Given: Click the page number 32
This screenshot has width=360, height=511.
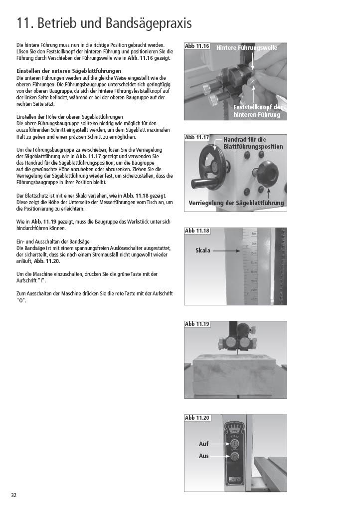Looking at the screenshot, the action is click(x=13, y=495).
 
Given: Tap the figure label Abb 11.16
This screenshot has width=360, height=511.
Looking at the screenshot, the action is click(x=197, y=46).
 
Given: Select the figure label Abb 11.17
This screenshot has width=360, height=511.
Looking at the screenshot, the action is click(x=197, y=137).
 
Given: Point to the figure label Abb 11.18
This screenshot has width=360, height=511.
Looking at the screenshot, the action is click(x=197, y=231).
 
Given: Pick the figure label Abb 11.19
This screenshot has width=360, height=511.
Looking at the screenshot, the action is click(x=197, y=324).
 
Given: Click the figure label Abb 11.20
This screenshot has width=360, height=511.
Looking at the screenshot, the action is click(x=197, y=418).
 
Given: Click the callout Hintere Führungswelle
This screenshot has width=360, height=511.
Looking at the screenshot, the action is click(x=247, y=47).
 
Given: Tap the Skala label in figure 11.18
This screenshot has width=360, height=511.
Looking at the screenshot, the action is click(x=203, y=251).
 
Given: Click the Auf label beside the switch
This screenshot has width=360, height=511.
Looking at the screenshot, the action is click(x=204, y=444).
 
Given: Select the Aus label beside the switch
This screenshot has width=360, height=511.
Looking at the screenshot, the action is click(x=204, y=456).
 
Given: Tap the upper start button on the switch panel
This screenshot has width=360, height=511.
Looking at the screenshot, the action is click(x=234, y=444).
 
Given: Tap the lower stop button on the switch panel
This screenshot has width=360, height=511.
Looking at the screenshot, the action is click(x=234, y=457).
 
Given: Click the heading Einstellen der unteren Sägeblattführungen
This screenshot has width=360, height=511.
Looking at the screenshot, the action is click(x=69, y=71).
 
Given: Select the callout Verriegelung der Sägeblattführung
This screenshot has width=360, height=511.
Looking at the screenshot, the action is click(x=236, y=203).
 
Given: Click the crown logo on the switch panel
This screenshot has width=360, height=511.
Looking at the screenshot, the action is click(x=234, y=430).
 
